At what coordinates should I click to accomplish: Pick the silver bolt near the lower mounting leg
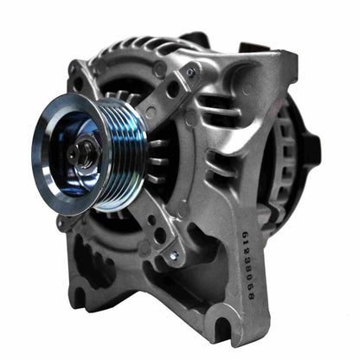pyautogui.click(x=175, y=257)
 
